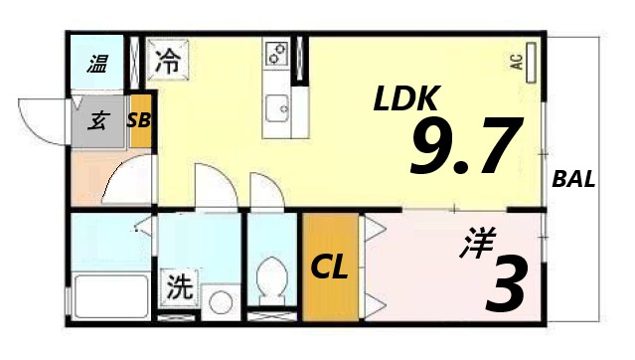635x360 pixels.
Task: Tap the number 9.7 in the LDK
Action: pos(464,147)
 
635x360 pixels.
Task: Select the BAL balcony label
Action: pos(573,181)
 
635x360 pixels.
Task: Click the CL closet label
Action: pos(329,268)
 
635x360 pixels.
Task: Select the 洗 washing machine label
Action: pos(179,288)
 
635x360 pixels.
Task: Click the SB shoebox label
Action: pos(139,121)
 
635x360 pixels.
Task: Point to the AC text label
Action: pos(517,61)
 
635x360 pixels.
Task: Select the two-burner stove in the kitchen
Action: pos(276,54)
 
